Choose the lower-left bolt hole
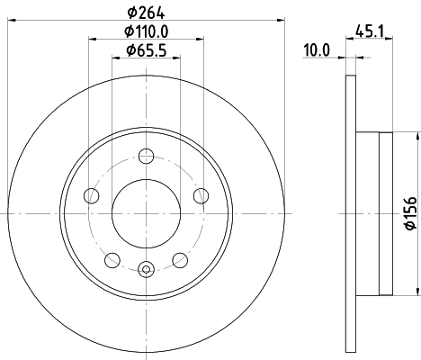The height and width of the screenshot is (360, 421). coord(112,260)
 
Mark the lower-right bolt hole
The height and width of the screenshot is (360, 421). coord(179,260)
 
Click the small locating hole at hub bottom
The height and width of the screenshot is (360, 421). coord(146,266)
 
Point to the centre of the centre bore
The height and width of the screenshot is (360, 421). coord(146,214)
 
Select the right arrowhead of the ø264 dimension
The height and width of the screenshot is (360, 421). coord(281,20)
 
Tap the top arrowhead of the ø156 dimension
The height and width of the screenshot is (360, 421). coord(417,137)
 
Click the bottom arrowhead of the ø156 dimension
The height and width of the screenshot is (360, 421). coord(417,290)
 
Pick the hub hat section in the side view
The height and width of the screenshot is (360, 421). coord(374,213)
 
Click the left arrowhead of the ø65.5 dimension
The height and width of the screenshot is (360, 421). coord(115,58)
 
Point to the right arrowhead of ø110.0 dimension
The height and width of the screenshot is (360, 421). coord(198,39)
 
